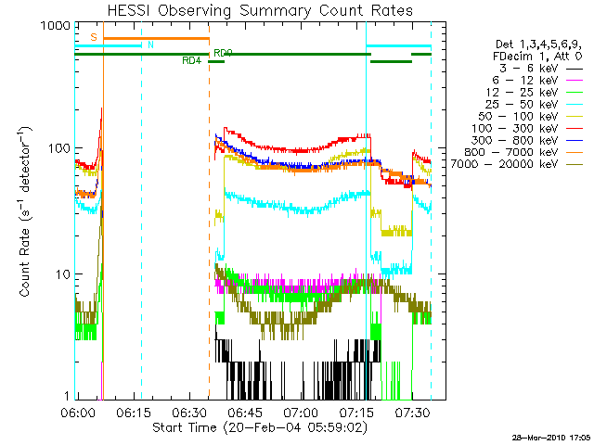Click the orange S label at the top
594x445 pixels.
(94, 37)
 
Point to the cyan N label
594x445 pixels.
(150, 44)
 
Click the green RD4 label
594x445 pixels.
(192, 61)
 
